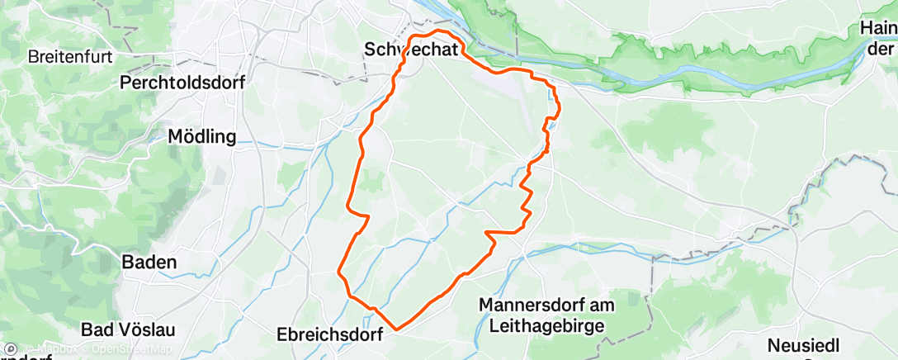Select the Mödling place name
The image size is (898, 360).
pyautogui.click(x=201, y=136)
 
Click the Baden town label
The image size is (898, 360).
pyautogui.click(x=149, y=262)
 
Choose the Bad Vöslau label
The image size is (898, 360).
pyautogui.click(x=128, y=329)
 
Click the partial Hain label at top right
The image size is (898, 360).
pyautogui.click(x=879, y=30)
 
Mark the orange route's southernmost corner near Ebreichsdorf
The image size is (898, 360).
pyautogui.click(x=397, y=329)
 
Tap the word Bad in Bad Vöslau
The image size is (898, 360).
pyautogui.click(x=97, y=329)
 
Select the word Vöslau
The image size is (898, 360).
pyautogui.click(x=144, y=329)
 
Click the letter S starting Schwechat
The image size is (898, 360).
pyautogui.click(x=370, y=51)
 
